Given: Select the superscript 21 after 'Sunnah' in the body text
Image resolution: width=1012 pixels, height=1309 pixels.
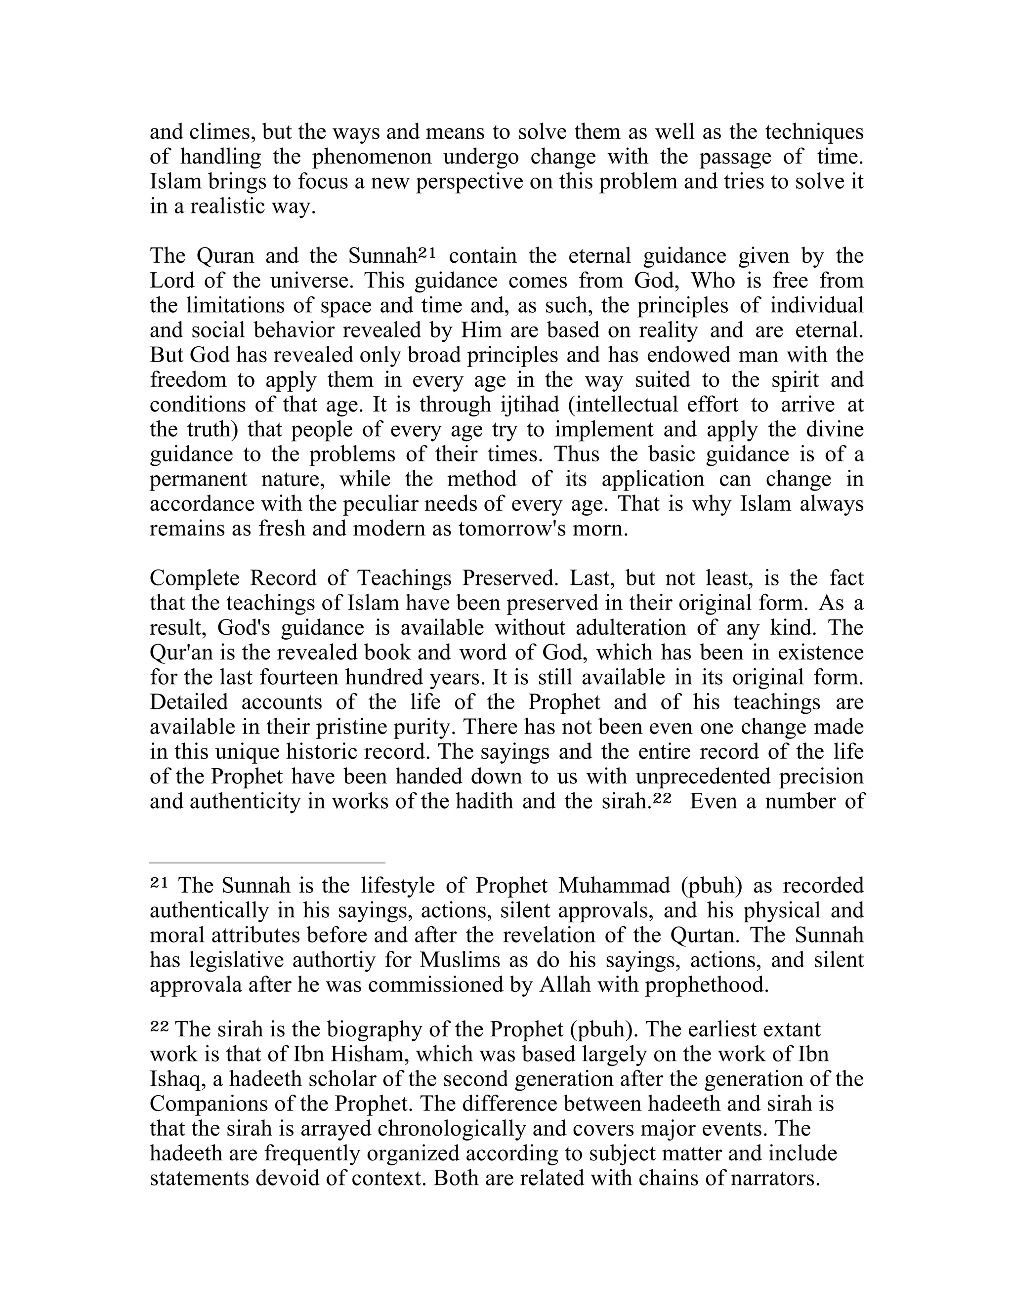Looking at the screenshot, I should (425, 253).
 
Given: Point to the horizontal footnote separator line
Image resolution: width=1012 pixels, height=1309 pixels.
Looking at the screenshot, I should (267, 863).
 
